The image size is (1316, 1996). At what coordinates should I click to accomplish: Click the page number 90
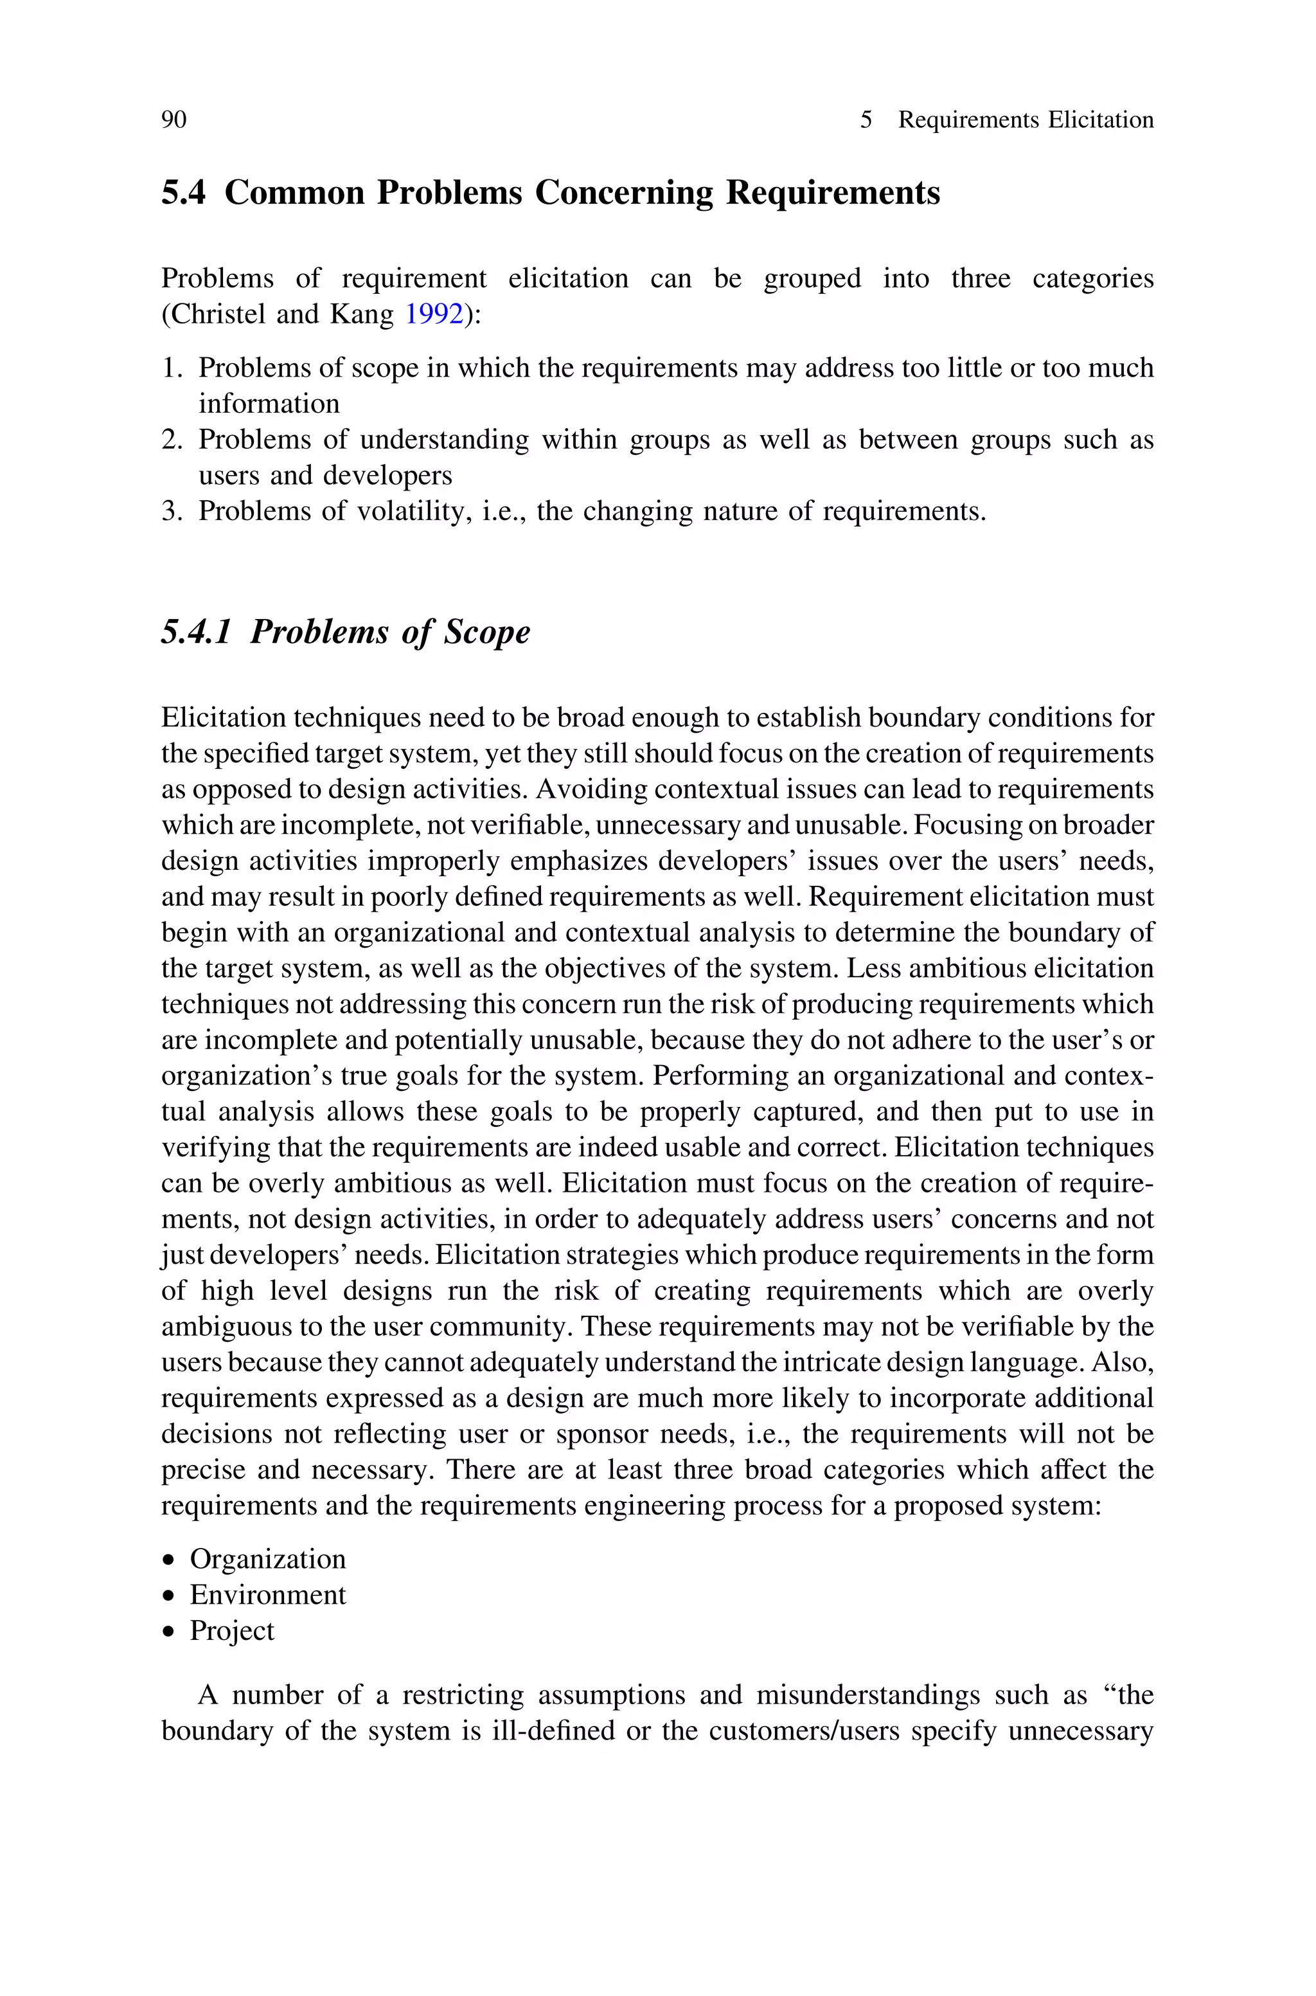(x=173, y=120)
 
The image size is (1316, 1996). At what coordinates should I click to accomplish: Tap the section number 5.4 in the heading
(x=183, y=193)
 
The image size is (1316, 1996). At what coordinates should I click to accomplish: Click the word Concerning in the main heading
(x=623, y=193)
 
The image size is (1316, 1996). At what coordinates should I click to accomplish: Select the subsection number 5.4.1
(x=195, y=632)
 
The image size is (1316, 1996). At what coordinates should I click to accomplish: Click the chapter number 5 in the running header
(x=866, y=120)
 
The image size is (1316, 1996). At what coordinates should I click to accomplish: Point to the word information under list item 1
(x=269, y=404)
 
